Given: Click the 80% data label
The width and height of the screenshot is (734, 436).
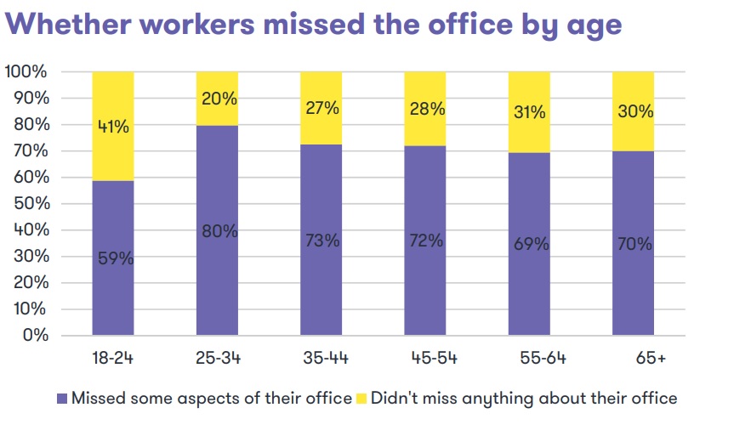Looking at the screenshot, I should pyautogui.click(x=219, y=230).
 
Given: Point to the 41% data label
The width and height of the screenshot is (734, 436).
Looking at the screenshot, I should pyautogui.click(x=113, y=127).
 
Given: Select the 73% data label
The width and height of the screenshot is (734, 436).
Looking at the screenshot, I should pyautogui.click(x=322, y=241).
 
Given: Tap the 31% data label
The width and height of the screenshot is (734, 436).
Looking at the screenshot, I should pyautogui.click(x=529, y=111).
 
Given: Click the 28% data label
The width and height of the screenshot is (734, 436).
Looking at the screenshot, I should pyautogui.click(x=425, y=110).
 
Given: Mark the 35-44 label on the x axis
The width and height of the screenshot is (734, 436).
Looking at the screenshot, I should pyautogui.click(x=322, y=358).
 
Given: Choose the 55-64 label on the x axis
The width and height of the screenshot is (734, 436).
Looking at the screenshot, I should pyautogui.click(x=530, y=358).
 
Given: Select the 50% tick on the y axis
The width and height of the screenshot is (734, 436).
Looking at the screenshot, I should pyautogui.click(x=30, y=204).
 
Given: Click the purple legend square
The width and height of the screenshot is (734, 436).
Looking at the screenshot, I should pyautogui.click(x=61, y=398).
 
